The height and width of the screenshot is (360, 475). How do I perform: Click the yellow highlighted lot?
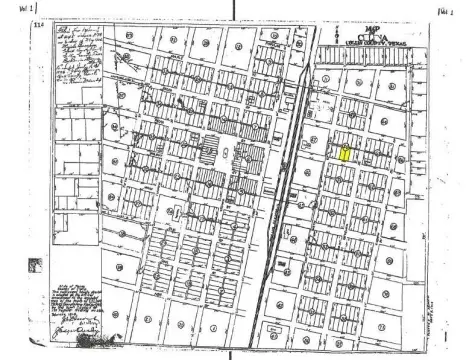point(345,154)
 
